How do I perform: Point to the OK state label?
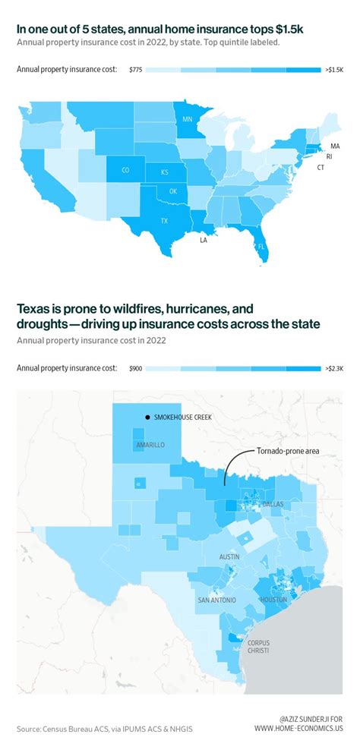(173, 191)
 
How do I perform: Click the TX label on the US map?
(163, 221)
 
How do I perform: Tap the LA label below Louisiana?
(203, 240)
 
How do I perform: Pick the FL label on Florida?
(261, 247)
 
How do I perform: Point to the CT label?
(321, 167)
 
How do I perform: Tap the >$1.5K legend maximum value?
(333, 70)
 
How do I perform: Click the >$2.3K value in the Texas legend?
(333, 368)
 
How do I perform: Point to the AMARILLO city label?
(150, 444)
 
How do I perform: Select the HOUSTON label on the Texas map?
(273, 600)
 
